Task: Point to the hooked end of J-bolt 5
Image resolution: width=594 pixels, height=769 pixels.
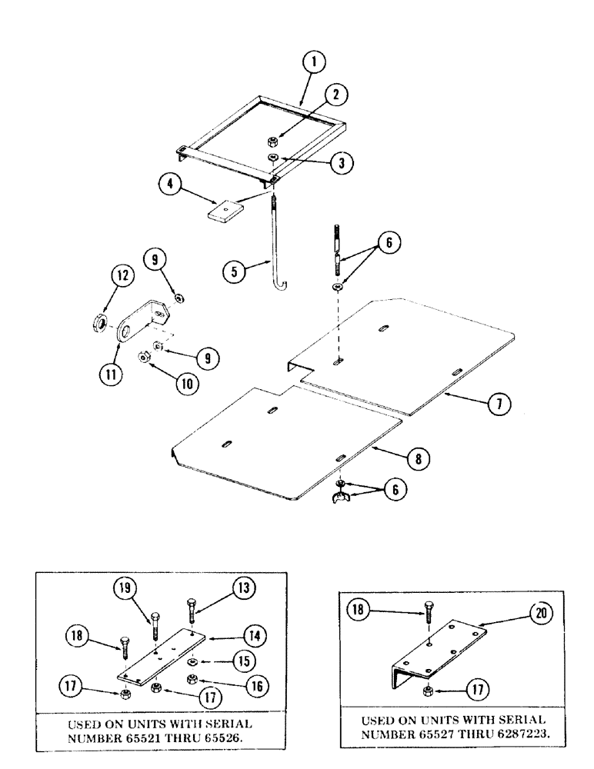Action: (282, 286)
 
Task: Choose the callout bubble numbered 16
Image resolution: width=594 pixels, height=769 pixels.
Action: (245, 682)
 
